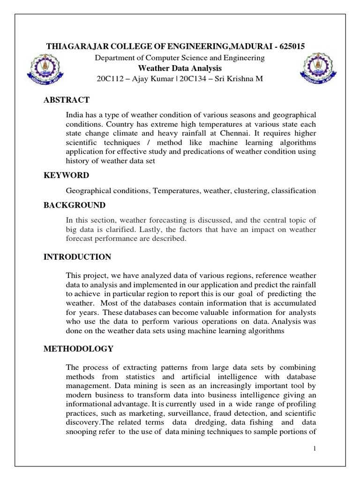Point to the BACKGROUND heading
click(x=75, y=205)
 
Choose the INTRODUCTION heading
click(x=77, y=257)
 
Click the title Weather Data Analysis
click(x=180, y=68)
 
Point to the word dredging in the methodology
click(x=204, y=422)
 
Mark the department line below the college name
click(x=180, y=58)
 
